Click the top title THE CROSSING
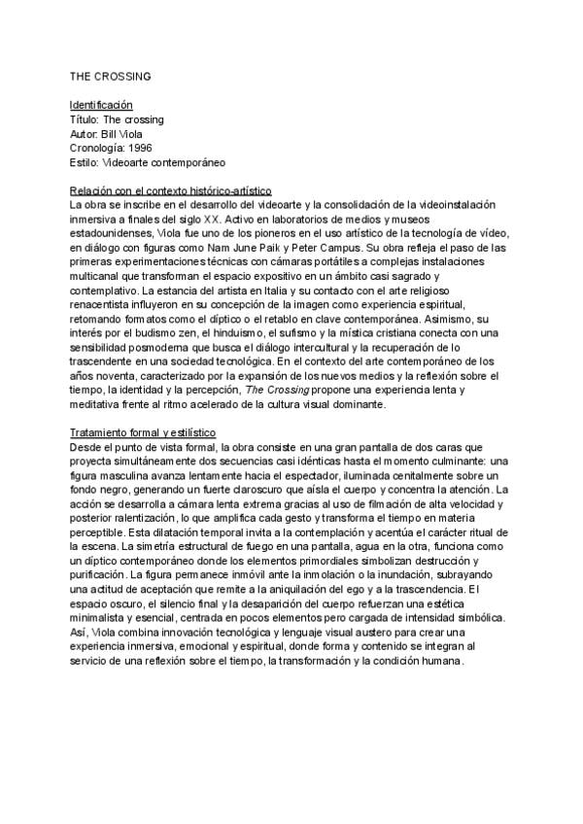click(110, 75)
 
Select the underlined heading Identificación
click(101, 104)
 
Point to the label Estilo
click(84, 162)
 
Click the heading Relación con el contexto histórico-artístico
click(170, 191)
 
